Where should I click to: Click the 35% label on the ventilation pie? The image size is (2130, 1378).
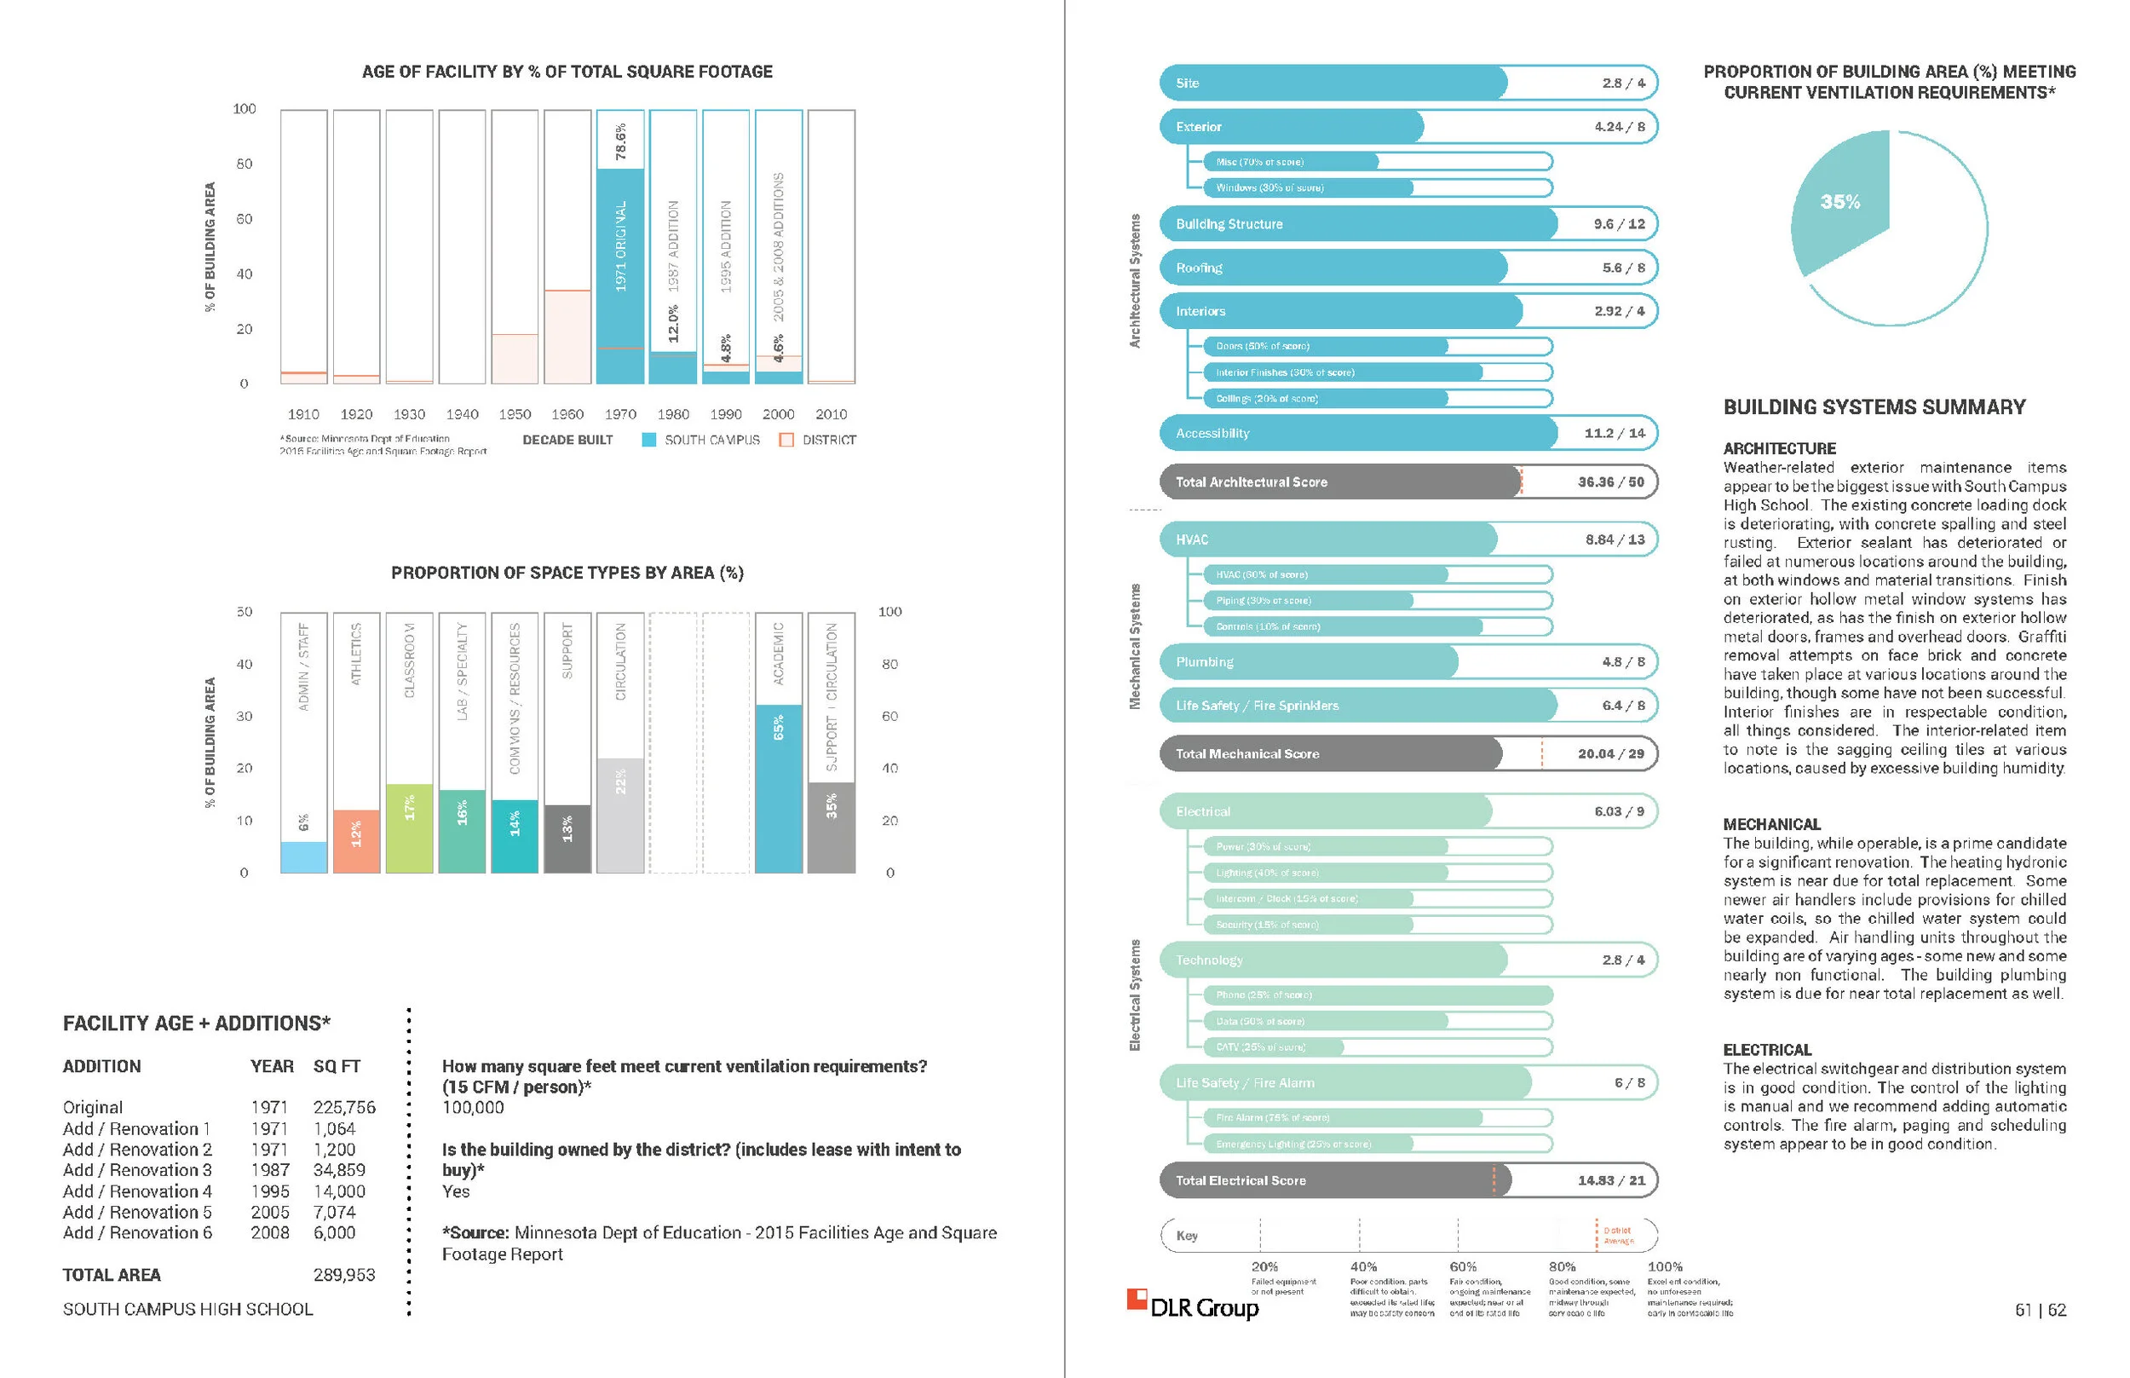click(x=1839, y=202)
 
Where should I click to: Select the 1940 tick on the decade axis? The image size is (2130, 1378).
click(x=462, y=414)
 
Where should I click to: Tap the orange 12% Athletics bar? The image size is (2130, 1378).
click(x=356, y=840)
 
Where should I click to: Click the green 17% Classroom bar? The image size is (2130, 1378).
click(x=409, y=827)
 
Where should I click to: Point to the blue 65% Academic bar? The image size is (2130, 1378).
click(x=778, y=787)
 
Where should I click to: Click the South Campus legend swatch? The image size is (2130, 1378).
click(x=648, y=440)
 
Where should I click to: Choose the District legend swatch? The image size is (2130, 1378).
click(x=786, y=440)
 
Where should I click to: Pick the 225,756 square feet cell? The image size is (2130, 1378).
click(x=344, y=1107)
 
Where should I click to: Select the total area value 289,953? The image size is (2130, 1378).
click(x=344, y=1274)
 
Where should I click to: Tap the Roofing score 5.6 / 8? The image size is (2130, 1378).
click(x=1623, y=268)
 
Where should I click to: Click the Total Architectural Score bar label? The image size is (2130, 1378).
click(x=1251, y=481)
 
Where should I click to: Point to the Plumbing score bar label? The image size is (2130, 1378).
click(x=1204, y=662)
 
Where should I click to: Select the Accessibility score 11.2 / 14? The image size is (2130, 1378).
click(x=1614, y=433)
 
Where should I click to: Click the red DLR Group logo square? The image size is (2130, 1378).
click(x=1136, y=1300)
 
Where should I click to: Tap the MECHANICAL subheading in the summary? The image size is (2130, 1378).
click(x=1771, y=824)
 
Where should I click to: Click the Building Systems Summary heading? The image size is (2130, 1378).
click(x=1874, y=407)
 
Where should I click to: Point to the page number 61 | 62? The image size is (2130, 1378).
click(x=2040, y=1310)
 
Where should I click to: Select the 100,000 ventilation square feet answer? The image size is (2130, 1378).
click(x=472, y=1107)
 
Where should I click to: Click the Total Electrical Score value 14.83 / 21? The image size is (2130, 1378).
click(x=1610, y=1180)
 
